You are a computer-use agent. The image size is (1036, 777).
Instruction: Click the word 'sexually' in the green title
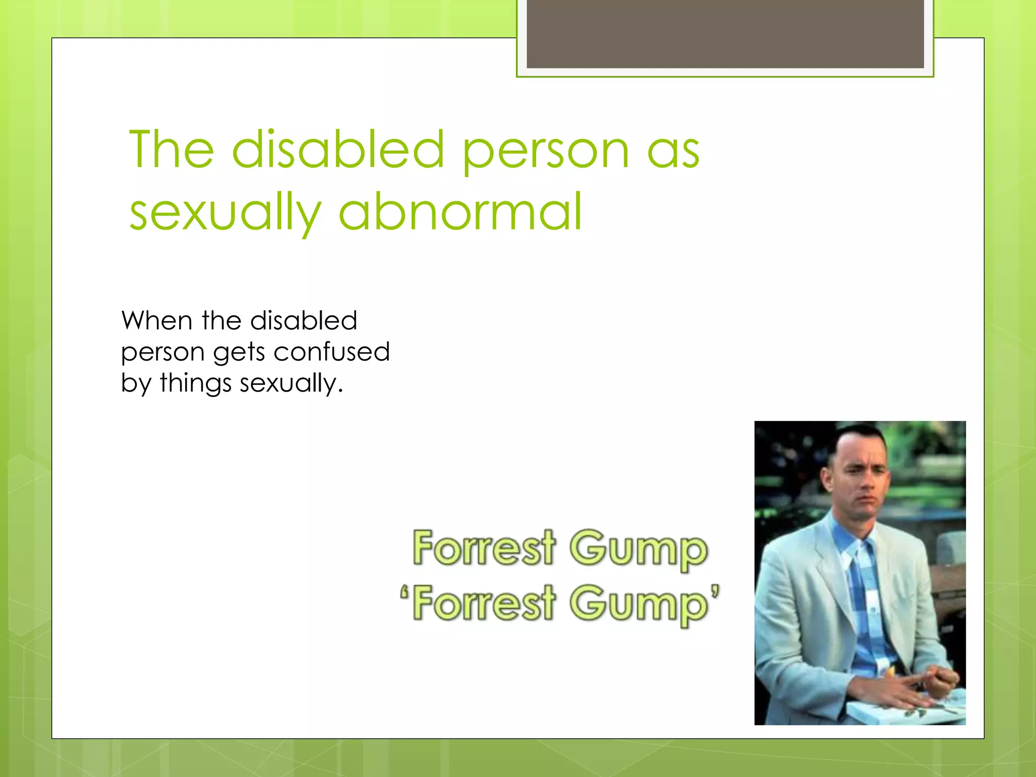[x=225, y=212]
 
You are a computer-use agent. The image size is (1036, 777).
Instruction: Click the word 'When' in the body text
[x=157, y=321]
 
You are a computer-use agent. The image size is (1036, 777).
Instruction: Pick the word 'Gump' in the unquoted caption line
[x=638, y=549]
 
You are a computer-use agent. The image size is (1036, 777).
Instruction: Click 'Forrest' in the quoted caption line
[x=484, y=603]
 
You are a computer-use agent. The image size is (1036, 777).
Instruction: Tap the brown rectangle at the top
[x=725, y=33]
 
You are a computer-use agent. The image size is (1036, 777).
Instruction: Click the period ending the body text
[x=340, y=391]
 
